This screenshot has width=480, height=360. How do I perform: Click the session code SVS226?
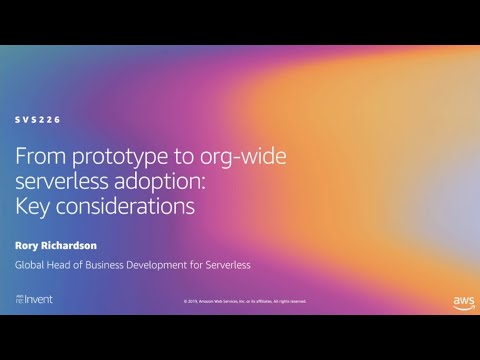point(38,119)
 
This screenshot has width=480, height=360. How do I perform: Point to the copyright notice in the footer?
point(245,301)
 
